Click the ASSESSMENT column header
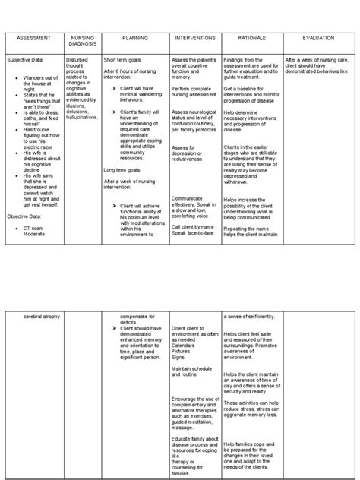33,38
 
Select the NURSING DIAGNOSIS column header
82,41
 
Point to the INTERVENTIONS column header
194,38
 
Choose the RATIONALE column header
251,38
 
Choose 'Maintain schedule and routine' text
190,371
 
